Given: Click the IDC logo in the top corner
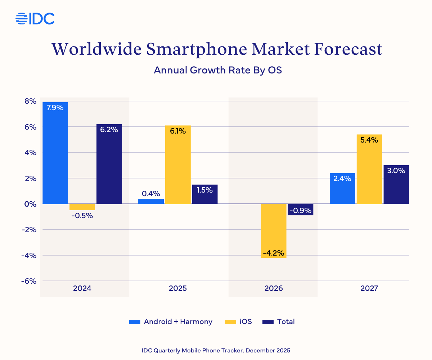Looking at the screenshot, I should coord(35,18).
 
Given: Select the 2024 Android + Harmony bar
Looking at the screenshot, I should coord(55,153).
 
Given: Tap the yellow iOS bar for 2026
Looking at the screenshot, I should coord(274,230).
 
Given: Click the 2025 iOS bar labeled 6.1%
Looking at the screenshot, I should coord(178,165).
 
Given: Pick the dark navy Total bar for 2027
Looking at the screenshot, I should coord(396,184).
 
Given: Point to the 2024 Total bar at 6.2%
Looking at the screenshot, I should coord(109,164).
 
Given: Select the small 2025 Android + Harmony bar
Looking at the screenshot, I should coord(151,201).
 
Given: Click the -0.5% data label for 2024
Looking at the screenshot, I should coord(82,216).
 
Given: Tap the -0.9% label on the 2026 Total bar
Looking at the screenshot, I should coord(300,210).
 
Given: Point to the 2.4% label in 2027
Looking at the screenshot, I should coord(342,178).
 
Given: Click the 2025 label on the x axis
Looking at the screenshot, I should coord(178,288).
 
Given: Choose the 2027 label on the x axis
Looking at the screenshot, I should coord(369,288).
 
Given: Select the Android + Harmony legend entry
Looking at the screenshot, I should coord(171,322).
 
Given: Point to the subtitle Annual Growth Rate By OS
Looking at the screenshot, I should coord(217,70).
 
